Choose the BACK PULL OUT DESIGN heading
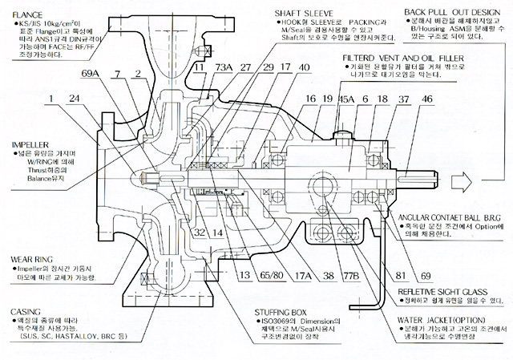pos(454,12)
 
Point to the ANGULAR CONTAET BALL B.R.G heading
pos(450,218)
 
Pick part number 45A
pos(346,99)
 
